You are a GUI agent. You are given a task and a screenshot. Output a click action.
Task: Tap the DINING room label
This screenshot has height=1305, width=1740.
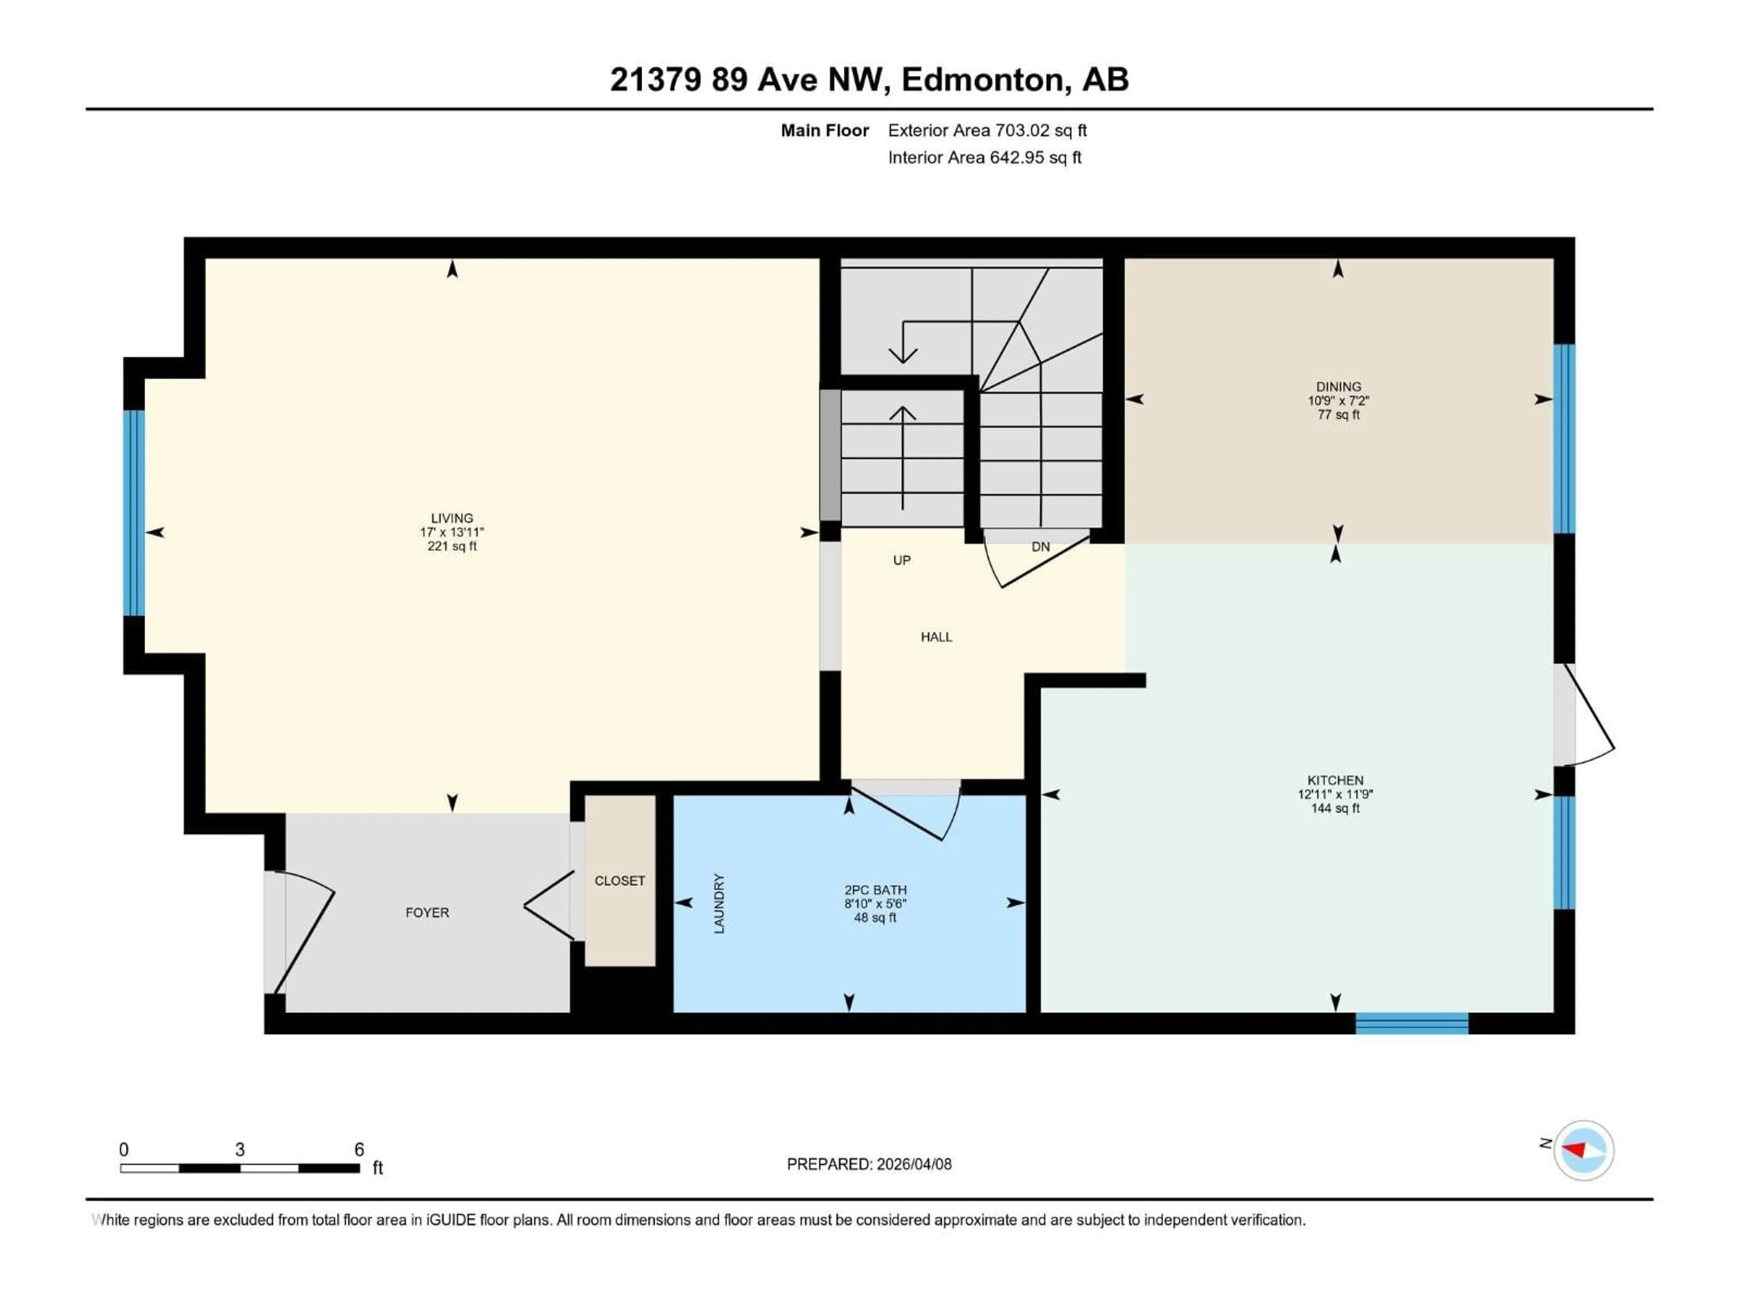[x=1338, y=386]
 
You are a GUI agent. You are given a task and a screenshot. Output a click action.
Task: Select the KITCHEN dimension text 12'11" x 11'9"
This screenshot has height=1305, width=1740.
[x=1335, y=794]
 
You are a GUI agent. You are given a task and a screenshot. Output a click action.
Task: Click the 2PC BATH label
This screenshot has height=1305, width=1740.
[x=875, y=889]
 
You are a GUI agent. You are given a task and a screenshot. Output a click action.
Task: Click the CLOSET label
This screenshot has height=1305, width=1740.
[x=620, y=881]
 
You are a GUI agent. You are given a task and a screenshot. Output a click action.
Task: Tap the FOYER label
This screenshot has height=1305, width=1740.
[x=427, y=913]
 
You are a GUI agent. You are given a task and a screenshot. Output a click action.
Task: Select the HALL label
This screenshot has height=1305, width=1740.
[x=936, y=637]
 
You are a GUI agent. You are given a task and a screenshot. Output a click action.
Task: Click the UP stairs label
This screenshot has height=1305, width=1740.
[x=901, y=560]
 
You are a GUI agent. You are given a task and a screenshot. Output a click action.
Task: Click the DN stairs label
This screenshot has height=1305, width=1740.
[x=1040, y=547]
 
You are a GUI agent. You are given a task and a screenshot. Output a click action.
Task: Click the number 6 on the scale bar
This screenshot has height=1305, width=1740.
[x=359, y=1149]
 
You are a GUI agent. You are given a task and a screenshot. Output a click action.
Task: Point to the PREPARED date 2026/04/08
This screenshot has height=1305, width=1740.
[x=913, y=1164]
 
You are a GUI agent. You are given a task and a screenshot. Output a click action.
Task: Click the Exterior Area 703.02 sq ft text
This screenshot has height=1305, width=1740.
[x=987, y=130]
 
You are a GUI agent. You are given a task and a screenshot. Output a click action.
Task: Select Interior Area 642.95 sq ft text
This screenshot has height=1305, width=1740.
[x=984, y=157]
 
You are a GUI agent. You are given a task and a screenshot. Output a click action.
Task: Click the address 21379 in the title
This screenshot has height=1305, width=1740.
[x=655, y=79]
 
